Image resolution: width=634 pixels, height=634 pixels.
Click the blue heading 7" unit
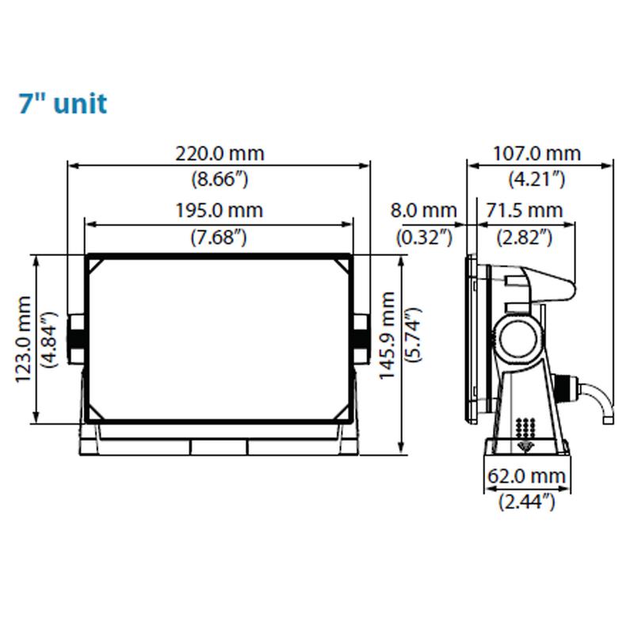(63, 104)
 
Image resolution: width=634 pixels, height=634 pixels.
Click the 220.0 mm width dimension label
(220, 154)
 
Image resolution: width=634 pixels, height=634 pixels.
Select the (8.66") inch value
(220, 179)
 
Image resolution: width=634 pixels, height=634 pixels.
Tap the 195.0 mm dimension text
(220, 210)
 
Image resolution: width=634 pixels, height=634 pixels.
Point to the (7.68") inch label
(219, 237)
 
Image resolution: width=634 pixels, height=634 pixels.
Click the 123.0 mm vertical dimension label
(23, 339)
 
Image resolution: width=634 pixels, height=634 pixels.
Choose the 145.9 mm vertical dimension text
(387, 335)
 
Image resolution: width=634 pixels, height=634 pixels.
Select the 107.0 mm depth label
(537, 154)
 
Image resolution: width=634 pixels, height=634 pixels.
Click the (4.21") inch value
(537, 179)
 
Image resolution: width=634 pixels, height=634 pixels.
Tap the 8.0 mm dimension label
(423, 210)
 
